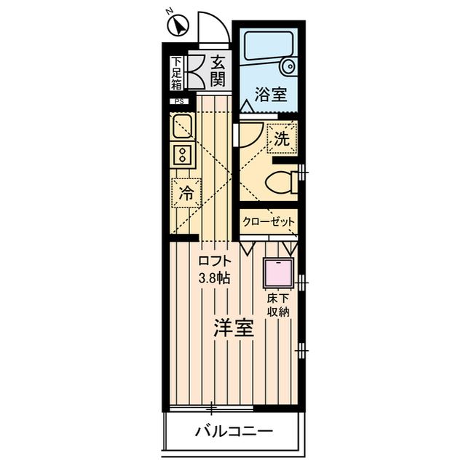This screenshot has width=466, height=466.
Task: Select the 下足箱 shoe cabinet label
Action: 176,73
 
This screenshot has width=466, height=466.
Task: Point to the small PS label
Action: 179,102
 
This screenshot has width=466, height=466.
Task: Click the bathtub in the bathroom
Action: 269,45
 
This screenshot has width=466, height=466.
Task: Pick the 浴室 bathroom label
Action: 270,95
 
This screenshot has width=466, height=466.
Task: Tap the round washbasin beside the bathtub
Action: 288,66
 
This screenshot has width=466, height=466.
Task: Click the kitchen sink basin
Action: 183,127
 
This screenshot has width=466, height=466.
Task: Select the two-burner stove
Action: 183,155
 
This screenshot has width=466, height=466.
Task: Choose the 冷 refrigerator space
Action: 186,193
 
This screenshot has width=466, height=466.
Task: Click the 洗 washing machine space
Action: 282,138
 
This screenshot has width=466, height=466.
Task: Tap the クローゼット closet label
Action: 269,221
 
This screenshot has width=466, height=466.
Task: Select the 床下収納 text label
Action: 278,305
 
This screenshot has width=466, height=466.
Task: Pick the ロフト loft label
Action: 215,261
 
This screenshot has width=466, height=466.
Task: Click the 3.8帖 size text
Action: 214,278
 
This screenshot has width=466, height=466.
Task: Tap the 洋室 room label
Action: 234,328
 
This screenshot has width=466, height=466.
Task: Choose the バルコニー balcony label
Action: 234,431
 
